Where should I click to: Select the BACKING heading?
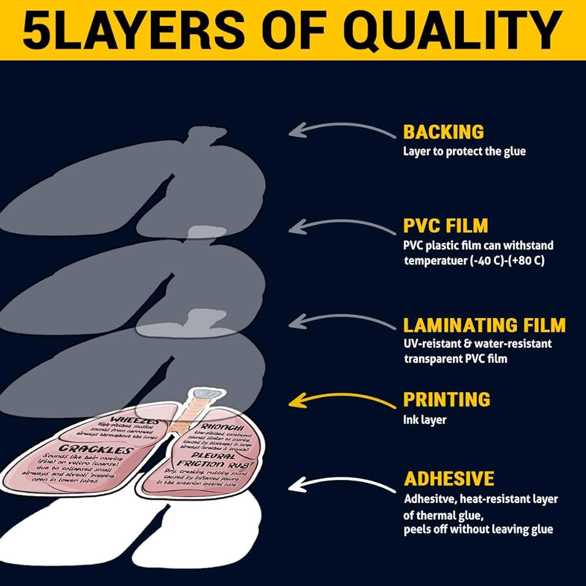tap(443, 132)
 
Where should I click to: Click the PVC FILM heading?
tap(445, 226)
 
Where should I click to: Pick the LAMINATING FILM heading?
tap(484, 325)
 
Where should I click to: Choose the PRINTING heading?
tap(447, 400)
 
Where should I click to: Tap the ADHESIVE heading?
tap(449, 478)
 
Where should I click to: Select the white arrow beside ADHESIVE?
tap(343, 484)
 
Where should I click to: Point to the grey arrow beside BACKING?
tap(343, 129)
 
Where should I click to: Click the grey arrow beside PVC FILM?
tap(343, 226)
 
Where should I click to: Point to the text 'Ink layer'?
tap(424, 420)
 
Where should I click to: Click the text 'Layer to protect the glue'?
tap(464, 151)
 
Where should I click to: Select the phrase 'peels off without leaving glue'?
tap(478, 529)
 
